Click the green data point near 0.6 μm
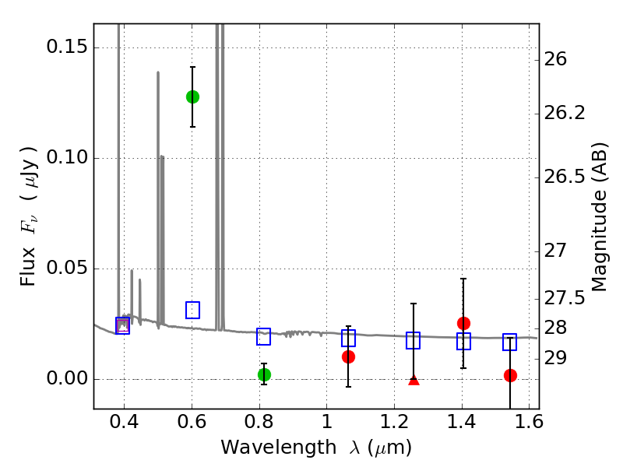(192, 97)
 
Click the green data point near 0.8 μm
(264, 374)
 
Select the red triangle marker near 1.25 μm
(414, 379)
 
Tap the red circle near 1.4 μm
(463, 323)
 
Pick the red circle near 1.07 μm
(348, 356)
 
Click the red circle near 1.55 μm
(510, 375)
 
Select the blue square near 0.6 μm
(192, 310)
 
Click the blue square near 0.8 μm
(264, 336)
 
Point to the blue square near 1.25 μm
(414, 340)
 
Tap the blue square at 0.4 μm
(122, 325)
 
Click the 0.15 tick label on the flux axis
(66, 47)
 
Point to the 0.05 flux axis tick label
(66, 269)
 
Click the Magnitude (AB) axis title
(600, 216)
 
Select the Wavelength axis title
(315, 448)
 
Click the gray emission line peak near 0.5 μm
(158, 72)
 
